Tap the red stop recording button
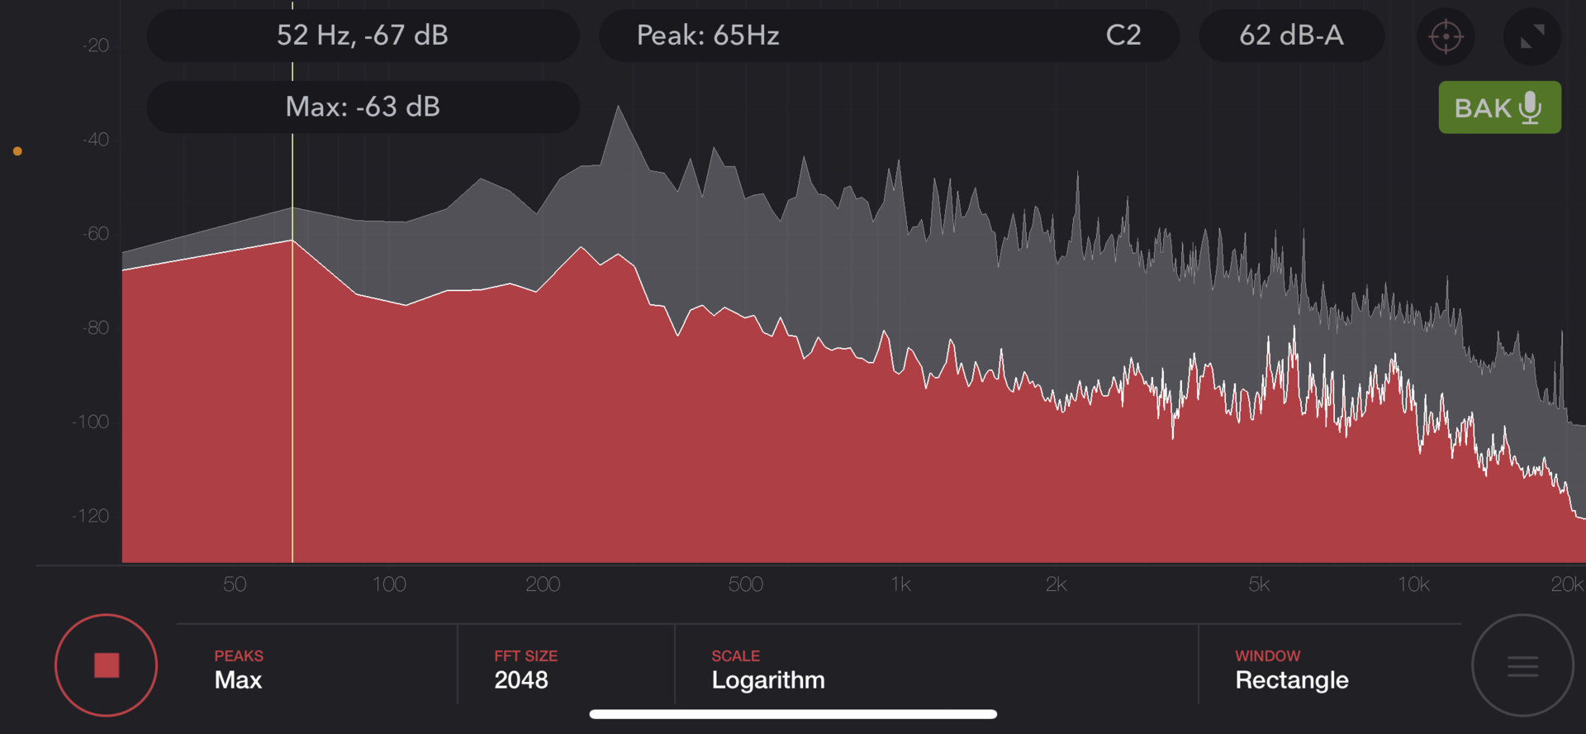click(x=107, y=665)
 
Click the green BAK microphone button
click(x=1499, y=107)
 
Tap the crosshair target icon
click(x=1446, y=36)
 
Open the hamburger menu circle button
click(x=1522, y=665)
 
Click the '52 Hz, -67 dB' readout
click(x=363, y=36)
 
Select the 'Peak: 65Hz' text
click(x=708, y=36)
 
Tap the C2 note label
click(x=1123, y=36)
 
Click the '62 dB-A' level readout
click(x=1291, y=36)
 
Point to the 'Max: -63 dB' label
click(x=363, y=107)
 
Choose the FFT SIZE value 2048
click(x=521, y=680)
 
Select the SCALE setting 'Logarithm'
click(x=768, y=680)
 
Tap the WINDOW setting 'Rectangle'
click(x=1292, y=680)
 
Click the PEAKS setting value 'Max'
click(x=238, y=680)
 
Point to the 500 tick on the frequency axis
click(x=745, y=584)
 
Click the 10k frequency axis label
click(x=1413, y=584)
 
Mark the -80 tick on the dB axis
click(x=95, y=328)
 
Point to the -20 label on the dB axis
click(x=95, y=45)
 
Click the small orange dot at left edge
click(x=17, y=151)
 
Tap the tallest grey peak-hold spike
click(x=618, y=107)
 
